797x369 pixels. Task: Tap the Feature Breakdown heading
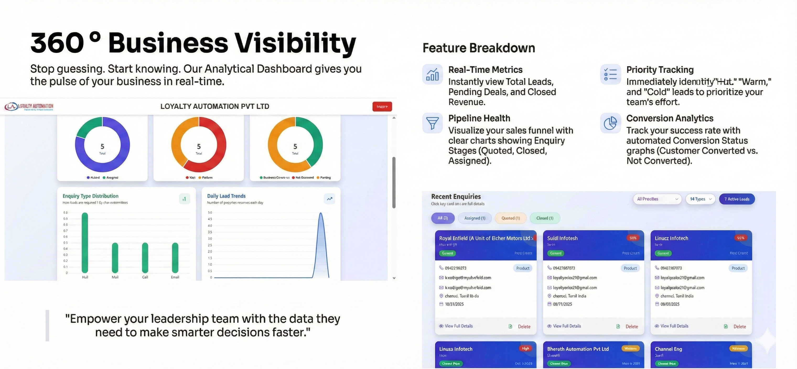pos(479,48)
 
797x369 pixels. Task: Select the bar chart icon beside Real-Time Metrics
pos(432,74)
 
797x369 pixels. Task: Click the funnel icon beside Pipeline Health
pos(432,123)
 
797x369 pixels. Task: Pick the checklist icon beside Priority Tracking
pos(610,74)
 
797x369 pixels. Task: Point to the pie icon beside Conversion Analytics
pos(610,123)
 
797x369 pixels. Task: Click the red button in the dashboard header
pos(382,106)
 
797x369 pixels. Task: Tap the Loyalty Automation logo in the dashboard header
pos(29,107)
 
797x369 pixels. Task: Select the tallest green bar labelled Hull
pos(85,243)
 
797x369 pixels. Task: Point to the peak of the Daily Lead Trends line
pos(321,213)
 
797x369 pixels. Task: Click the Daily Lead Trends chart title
pos(226,196)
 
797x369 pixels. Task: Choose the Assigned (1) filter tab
pos(475,218)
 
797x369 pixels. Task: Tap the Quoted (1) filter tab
pos(510,218)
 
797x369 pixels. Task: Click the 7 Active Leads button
pos(737,199)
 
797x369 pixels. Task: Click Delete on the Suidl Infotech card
pos(632,326)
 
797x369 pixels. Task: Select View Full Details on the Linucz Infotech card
pos(674,326)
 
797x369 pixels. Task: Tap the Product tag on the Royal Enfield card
pos(523,268)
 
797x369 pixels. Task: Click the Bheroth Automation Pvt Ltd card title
pos(578,349)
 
